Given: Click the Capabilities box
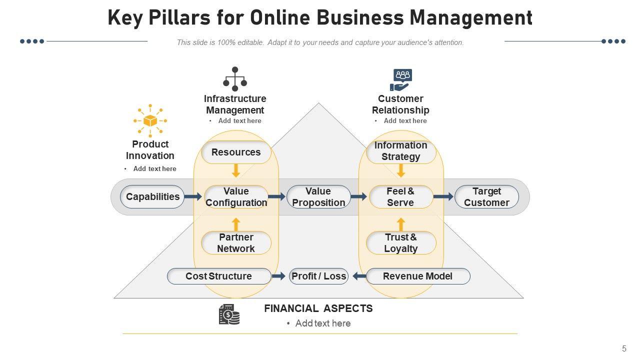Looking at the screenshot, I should [152, 197].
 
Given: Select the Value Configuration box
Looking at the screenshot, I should [236, 197].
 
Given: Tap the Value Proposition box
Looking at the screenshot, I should [318, 197].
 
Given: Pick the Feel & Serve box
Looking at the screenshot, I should [400, 197].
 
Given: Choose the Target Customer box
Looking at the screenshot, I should [486, 197].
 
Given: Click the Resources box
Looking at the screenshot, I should [236, 152].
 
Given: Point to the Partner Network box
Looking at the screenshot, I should [236, 243].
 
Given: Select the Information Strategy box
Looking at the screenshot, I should [401, 151].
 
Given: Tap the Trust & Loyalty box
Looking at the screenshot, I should [401, 243].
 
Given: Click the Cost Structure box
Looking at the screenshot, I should [219, 276].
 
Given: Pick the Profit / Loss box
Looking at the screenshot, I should [318, 276].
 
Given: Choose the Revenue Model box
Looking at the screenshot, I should [418, 276].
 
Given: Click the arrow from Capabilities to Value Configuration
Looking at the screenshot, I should [193, 197].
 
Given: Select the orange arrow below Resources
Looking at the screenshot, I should [236, 170].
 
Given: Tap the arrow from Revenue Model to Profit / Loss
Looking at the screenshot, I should [359, 276].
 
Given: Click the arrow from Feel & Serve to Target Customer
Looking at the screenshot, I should [443, 197].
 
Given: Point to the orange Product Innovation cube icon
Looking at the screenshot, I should [150, 120].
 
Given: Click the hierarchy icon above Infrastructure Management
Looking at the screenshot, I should [235, 79].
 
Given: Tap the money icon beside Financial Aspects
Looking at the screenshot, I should [229, 314].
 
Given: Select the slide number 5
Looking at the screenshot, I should [624, 348].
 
